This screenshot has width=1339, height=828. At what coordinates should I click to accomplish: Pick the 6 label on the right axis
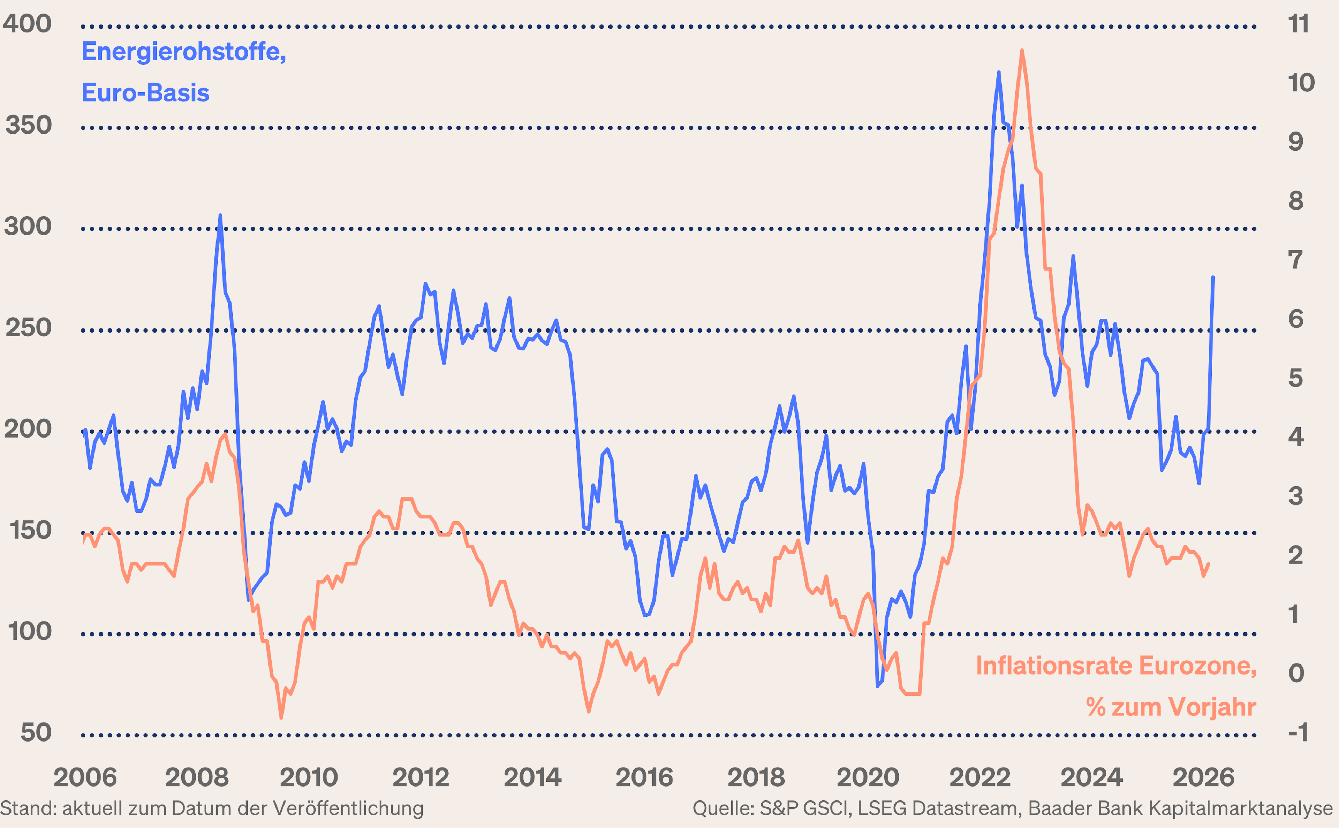pyautogui.click(x=1296, y=319)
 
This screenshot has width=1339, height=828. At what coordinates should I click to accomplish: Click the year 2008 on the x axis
pyautogui.click(x=197, y=777)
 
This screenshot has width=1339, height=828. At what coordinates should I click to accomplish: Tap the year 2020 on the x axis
pyautogui.click(x=868, y=777)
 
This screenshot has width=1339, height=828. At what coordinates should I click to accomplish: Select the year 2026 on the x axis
pyautogui.click(x=1203, y=777)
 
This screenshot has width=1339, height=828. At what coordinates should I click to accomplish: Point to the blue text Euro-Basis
pyautogui.click(x=145, y=93)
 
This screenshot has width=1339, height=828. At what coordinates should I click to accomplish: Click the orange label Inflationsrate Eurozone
pyautogui.click(x=1115, y=666)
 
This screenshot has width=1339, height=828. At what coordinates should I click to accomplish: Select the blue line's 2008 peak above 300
pyautogui.click(x=220, y=216)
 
